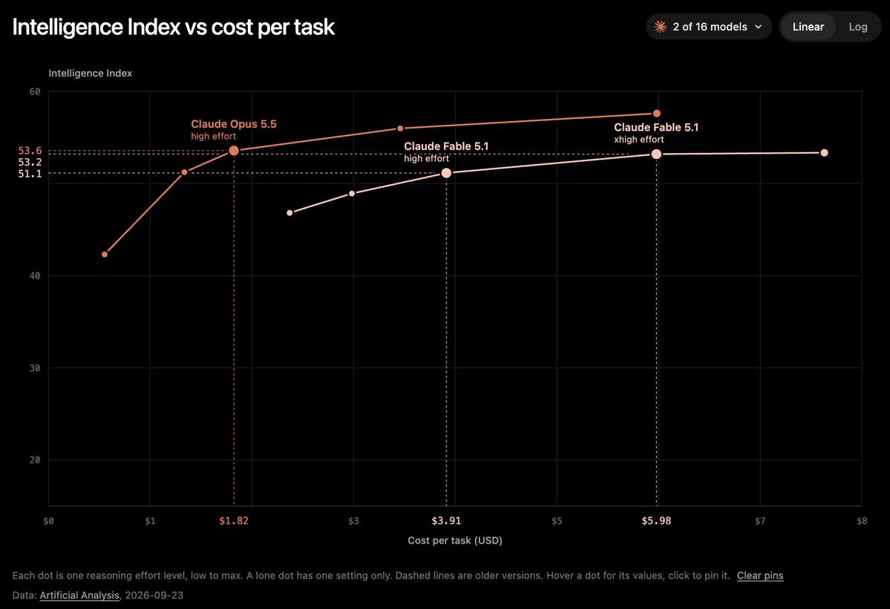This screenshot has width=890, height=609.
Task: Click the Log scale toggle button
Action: click(x=857, y=27)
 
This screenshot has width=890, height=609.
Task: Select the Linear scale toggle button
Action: click(x=808, y=27)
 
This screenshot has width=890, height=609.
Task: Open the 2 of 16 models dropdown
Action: click(x=708, y=27)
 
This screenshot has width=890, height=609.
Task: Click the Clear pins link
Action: click(x=760, y=576)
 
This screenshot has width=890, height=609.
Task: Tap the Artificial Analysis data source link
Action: click(x=79, y=596)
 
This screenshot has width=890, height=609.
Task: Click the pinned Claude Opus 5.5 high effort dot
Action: click(x=234, y=151)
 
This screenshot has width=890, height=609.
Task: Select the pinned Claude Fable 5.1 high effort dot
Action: click(x=446, y=173)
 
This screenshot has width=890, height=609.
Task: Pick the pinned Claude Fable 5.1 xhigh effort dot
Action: click(x=656, y=154)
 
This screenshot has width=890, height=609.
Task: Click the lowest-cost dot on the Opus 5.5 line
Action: click(x=105, y=255)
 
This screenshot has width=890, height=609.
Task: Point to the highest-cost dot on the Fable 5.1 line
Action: click(x=824, y=153)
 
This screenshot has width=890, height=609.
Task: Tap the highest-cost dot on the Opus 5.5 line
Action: click(x=657, y=114)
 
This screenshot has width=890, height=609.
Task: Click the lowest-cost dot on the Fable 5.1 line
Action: click(x=289, y=213)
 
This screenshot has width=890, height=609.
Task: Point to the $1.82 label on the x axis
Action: click(x=234, y=521)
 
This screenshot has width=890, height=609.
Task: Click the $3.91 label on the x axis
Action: click(x=446, y=521)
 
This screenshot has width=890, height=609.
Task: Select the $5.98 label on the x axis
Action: click(x=656, y=521)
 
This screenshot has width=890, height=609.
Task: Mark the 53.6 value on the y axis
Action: click(x=30, y=151)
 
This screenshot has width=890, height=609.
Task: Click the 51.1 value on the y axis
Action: click(x=30, y=174)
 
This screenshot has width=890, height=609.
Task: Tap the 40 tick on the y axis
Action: click(x=35, y=276)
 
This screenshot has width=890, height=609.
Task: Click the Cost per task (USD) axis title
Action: click(x=454, y=540)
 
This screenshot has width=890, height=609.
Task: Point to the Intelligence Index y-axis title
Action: click(x=91, y=74)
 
